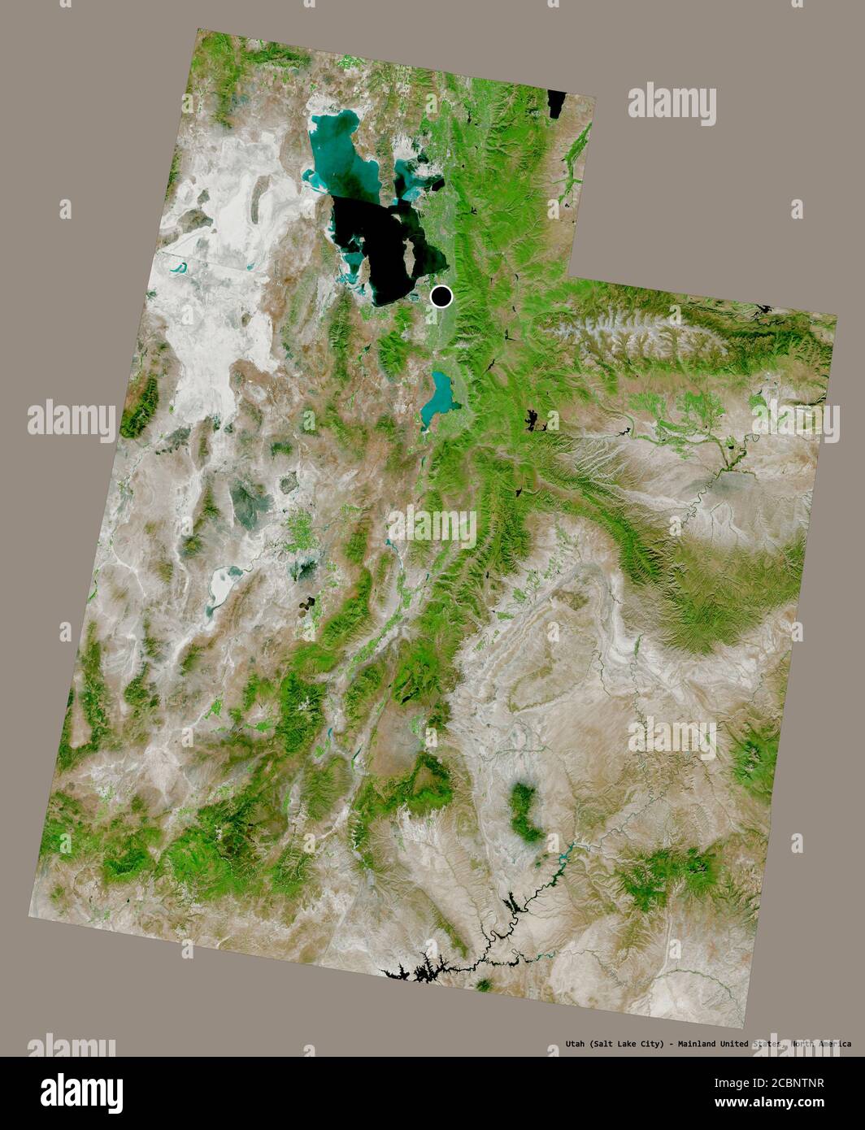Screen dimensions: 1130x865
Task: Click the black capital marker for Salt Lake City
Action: tap(441, 297)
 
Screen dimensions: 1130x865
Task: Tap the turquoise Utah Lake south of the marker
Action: tap(440, 393)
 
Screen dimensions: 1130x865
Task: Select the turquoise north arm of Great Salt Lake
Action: tap(335, 146)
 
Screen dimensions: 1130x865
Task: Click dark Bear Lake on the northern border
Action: tap(557, 105)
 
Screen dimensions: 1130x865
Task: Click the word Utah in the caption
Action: tap(576, 1044)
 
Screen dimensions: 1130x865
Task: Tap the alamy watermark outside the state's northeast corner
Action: tap(671, 106)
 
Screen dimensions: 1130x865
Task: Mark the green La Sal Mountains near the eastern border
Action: tap(752, 760)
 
